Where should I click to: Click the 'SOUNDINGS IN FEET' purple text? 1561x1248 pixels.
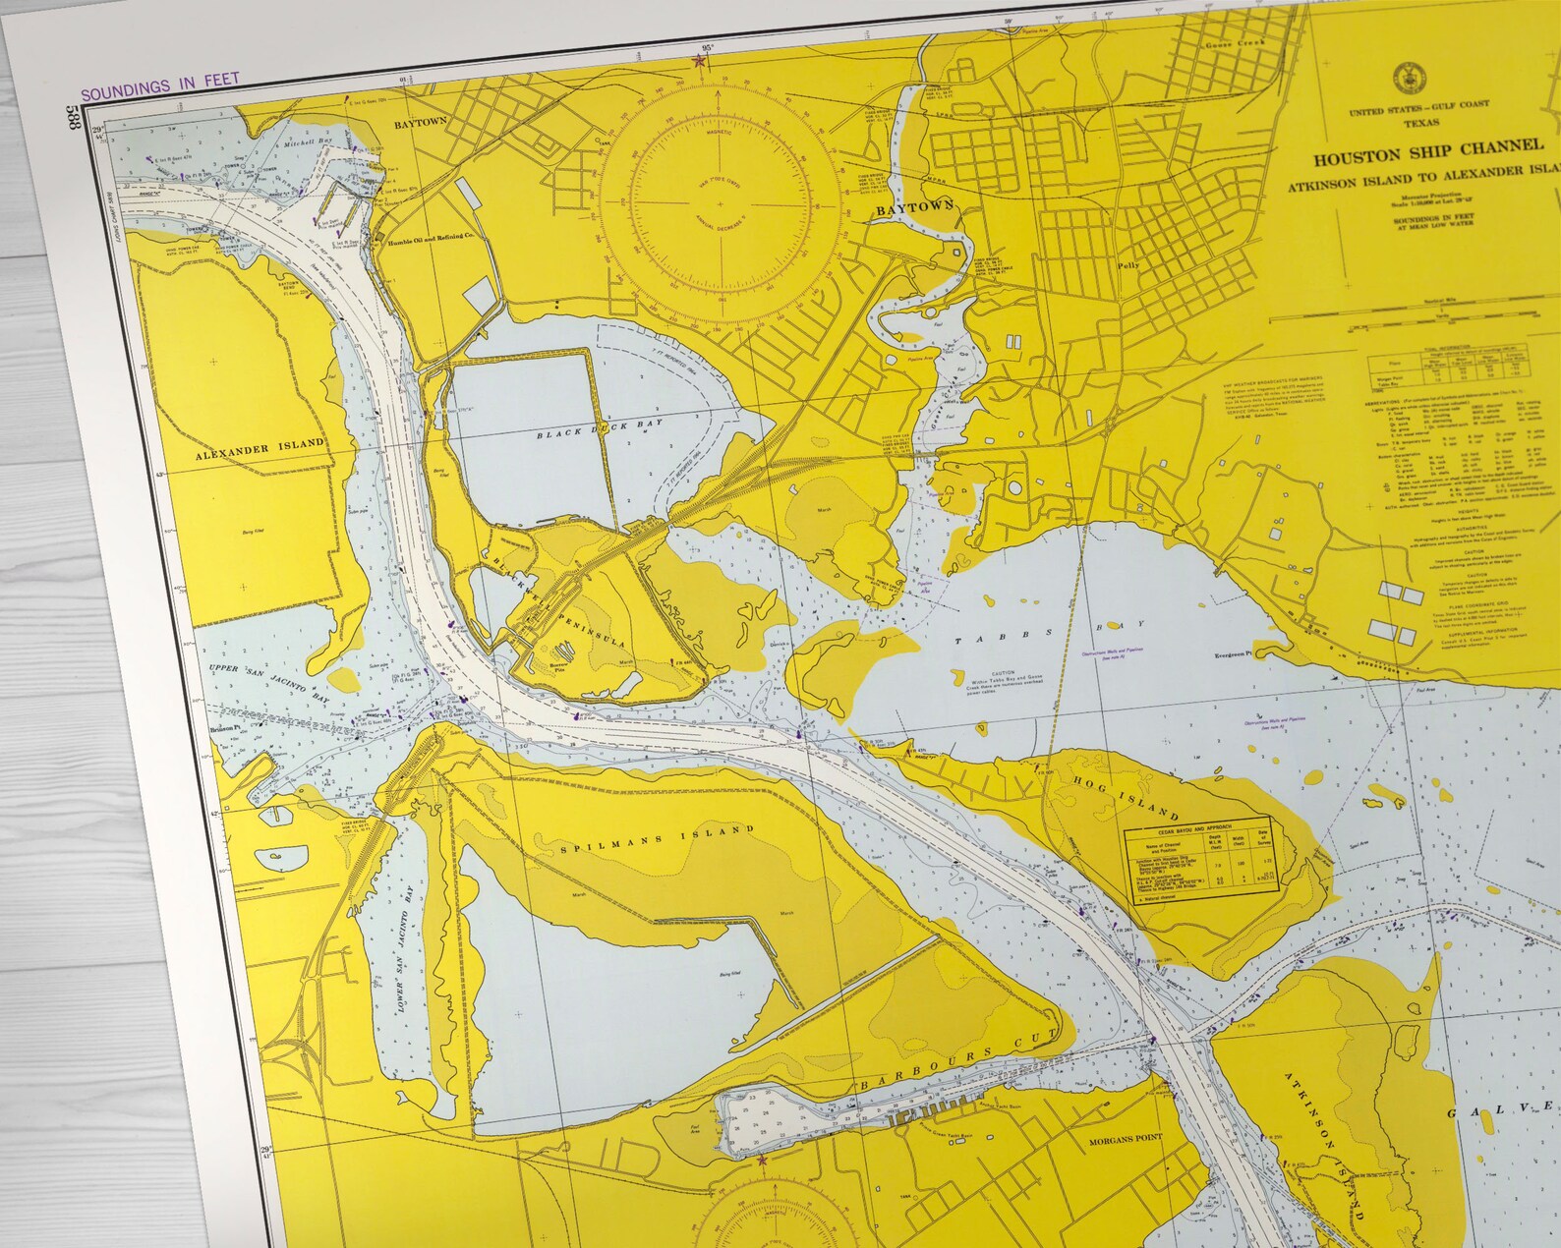pyautogui.click(x=160, y=93)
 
